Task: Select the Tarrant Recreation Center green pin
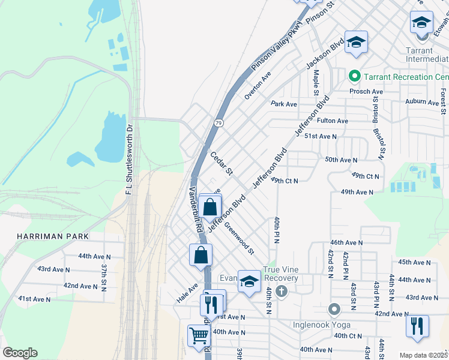point(354,77)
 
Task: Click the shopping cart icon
point(199,335)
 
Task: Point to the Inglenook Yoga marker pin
point(334,310)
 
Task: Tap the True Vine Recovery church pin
point(283,291)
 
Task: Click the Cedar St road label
point(221,163)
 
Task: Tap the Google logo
point(20,353)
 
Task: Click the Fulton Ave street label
point(333,121)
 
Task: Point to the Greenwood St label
point(240,238)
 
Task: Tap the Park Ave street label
point(284,104)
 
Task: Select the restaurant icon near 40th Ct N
point(417,326)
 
